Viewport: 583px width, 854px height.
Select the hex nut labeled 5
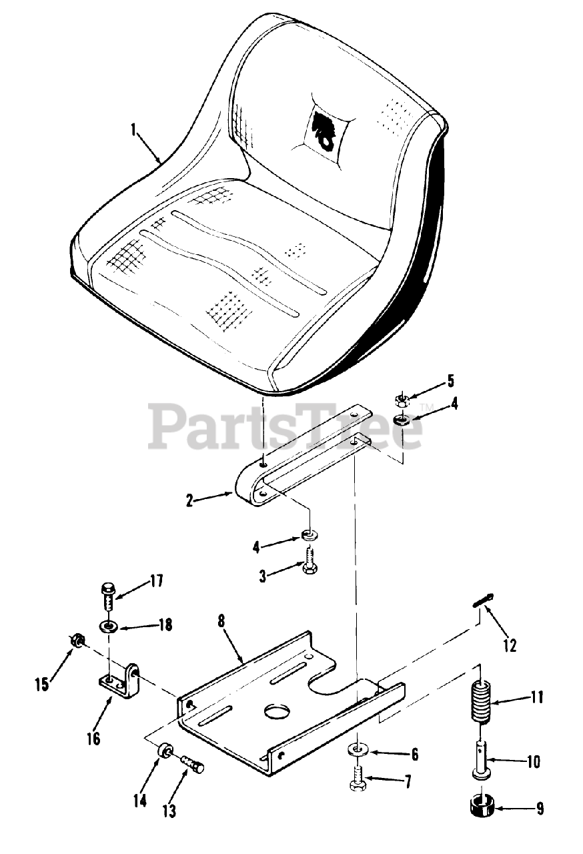[x=402, y=400]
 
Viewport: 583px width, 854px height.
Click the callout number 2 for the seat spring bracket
[x=190, y=500]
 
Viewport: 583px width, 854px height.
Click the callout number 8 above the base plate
[x=221, y=620]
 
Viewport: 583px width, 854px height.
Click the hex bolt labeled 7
[x=358, y=780]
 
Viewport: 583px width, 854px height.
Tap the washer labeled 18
[x=108, y=626]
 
